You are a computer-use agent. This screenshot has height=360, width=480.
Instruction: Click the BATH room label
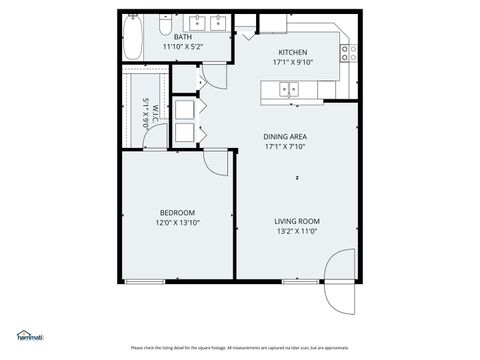183,36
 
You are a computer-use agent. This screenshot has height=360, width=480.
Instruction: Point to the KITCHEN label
292,52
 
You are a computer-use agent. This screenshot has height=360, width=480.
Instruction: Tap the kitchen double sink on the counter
290,90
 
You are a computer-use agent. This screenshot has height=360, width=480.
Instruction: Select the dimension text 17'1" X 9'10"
292,62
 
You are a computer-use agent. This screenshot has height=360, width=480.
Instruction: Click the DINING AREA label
284,136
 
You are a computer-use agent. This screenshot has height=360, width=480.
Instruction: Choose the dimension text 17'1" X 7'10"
284,146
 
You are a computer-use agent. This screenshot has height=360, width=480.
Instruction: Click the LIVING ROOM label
296,221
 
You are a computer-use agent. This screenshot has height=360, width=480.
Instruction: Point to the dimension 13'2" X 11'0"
296,231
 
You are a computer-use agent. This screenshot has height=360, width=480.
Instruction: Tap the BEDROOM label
177,212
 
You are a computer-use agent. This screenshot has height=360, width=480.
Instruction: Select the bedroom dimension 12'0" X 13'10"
177,222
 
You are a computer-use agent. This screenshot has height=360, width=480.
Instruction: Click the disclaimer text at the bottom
240,348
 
